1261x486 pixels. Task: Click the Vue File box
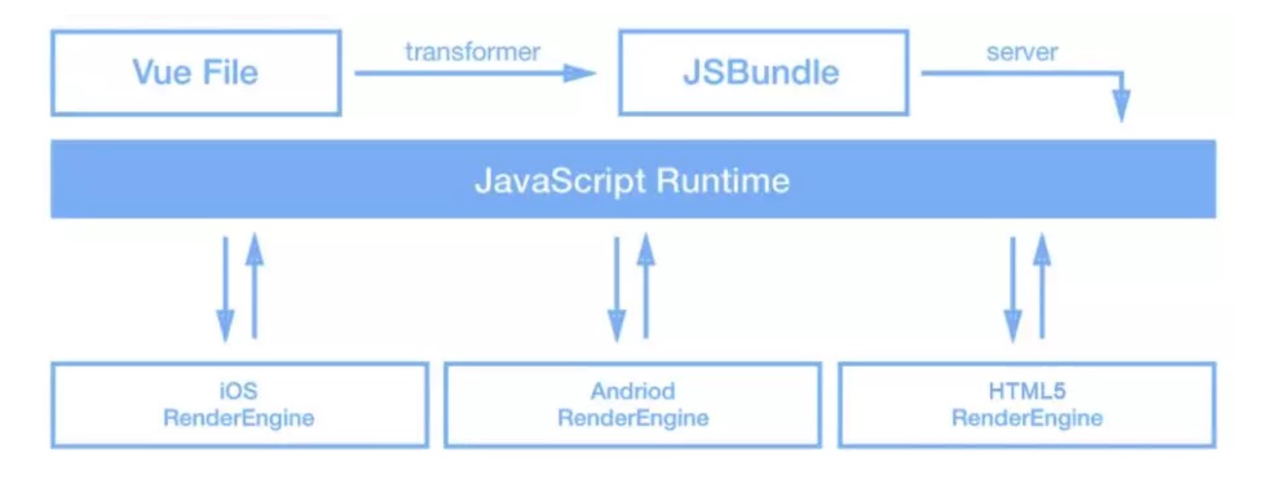pyautogui.click(x=195, y=72)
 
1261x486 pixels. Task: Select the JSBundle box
pyautogui.click(x=762, y=72)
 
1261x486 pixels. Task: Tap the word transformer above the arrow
pyautogui.click(x=472, y=51)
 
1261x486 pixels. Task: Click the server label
pyautogui.click(x=1022, y=51)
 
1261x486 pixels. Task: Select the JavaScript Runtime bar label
pyautogui.click(x=631, y=180)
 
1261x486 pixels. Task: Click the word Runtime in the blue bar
pyautogui.click(x=723, y=180)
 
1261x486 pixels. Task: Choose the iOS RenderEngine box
pyautogui.click(x=239, y=404)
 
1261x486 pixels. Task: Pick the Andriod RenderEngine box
pyautogui.click(x=632, y=404)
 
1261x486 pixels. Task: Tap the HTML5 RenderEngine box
pyautogui.click(x=1026, y=404)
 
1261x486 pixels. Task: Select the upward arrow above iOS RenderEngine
pyautogui.click(x=254, y=287)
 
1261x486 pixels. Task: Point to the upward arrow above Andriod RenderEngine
pyautogui.click(x=646, y=287)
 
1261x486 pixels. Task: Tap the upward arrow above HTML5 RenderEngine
pyautogui.click(x=1042, y=287)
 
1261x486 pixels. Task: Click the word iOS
pyautogui.click(x=239, y=391)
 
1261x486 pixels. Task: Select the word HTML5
pyautogui.click(x=1026, y=391)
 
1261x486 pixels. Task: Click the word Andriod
pyautogui.click(x=632, y=391)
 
